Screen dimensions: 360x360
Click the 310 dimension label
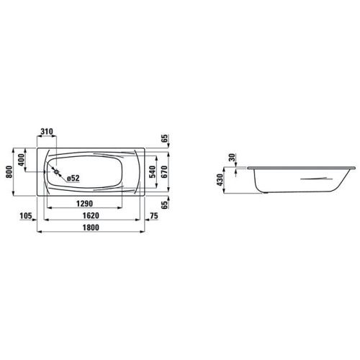pyautogui.click(x=47, y=132)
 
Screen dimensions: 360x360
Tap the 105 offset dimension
pyautogui.click(x=26, y=215)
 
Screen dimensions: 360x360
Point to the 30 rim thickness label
pyautogui.click(x=232, y=158)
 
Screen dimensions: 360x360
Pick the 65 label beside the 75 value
pyautogui.click(x=164, y=204)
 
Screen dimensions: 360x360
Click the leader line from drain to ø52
pyautogui.click(x=62, y=176)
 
